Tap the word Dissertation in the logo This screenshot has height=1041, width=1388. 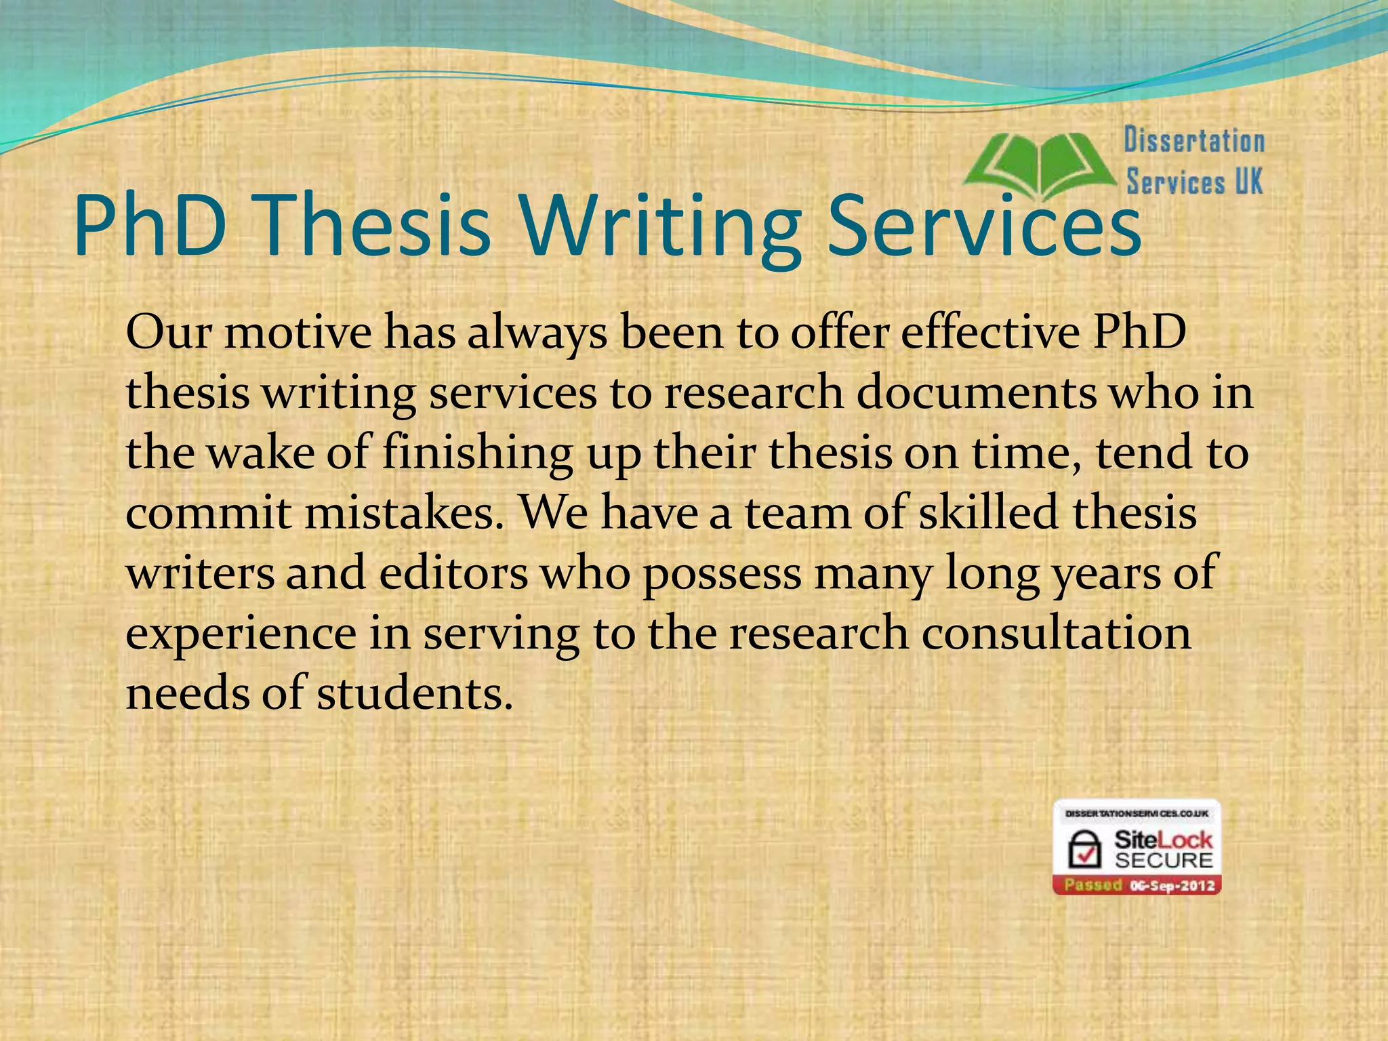[1194, 141]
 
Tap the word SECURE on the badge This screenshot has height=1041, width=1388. [1164, 861]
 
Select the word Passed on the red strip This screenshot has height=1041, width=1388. [1093, 885]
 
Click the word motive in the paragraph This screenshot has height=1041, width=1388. [298, 333]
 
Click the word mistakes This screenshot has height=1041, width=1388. [405, 512]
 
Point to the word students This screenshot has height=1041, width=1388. [414, 693]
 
